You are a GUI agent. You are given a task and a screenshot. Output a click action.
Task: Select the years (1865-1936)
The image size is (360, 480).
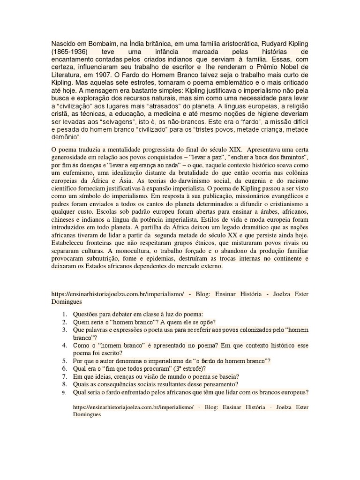pyautogui.click(x=70, y=51)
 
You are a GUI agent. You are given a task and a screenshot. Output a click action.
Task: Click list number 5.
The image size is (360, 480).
pyautogui.click(x=65, y=361)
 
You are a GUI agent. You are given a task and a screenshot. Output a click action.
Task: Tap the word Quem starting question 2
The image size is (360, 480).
pyautogui.click(x=82, y=322)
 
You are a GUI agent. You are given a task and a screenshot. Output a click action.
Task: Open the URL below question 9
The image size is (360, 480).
pyautogui.click(x=133, y=408)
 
